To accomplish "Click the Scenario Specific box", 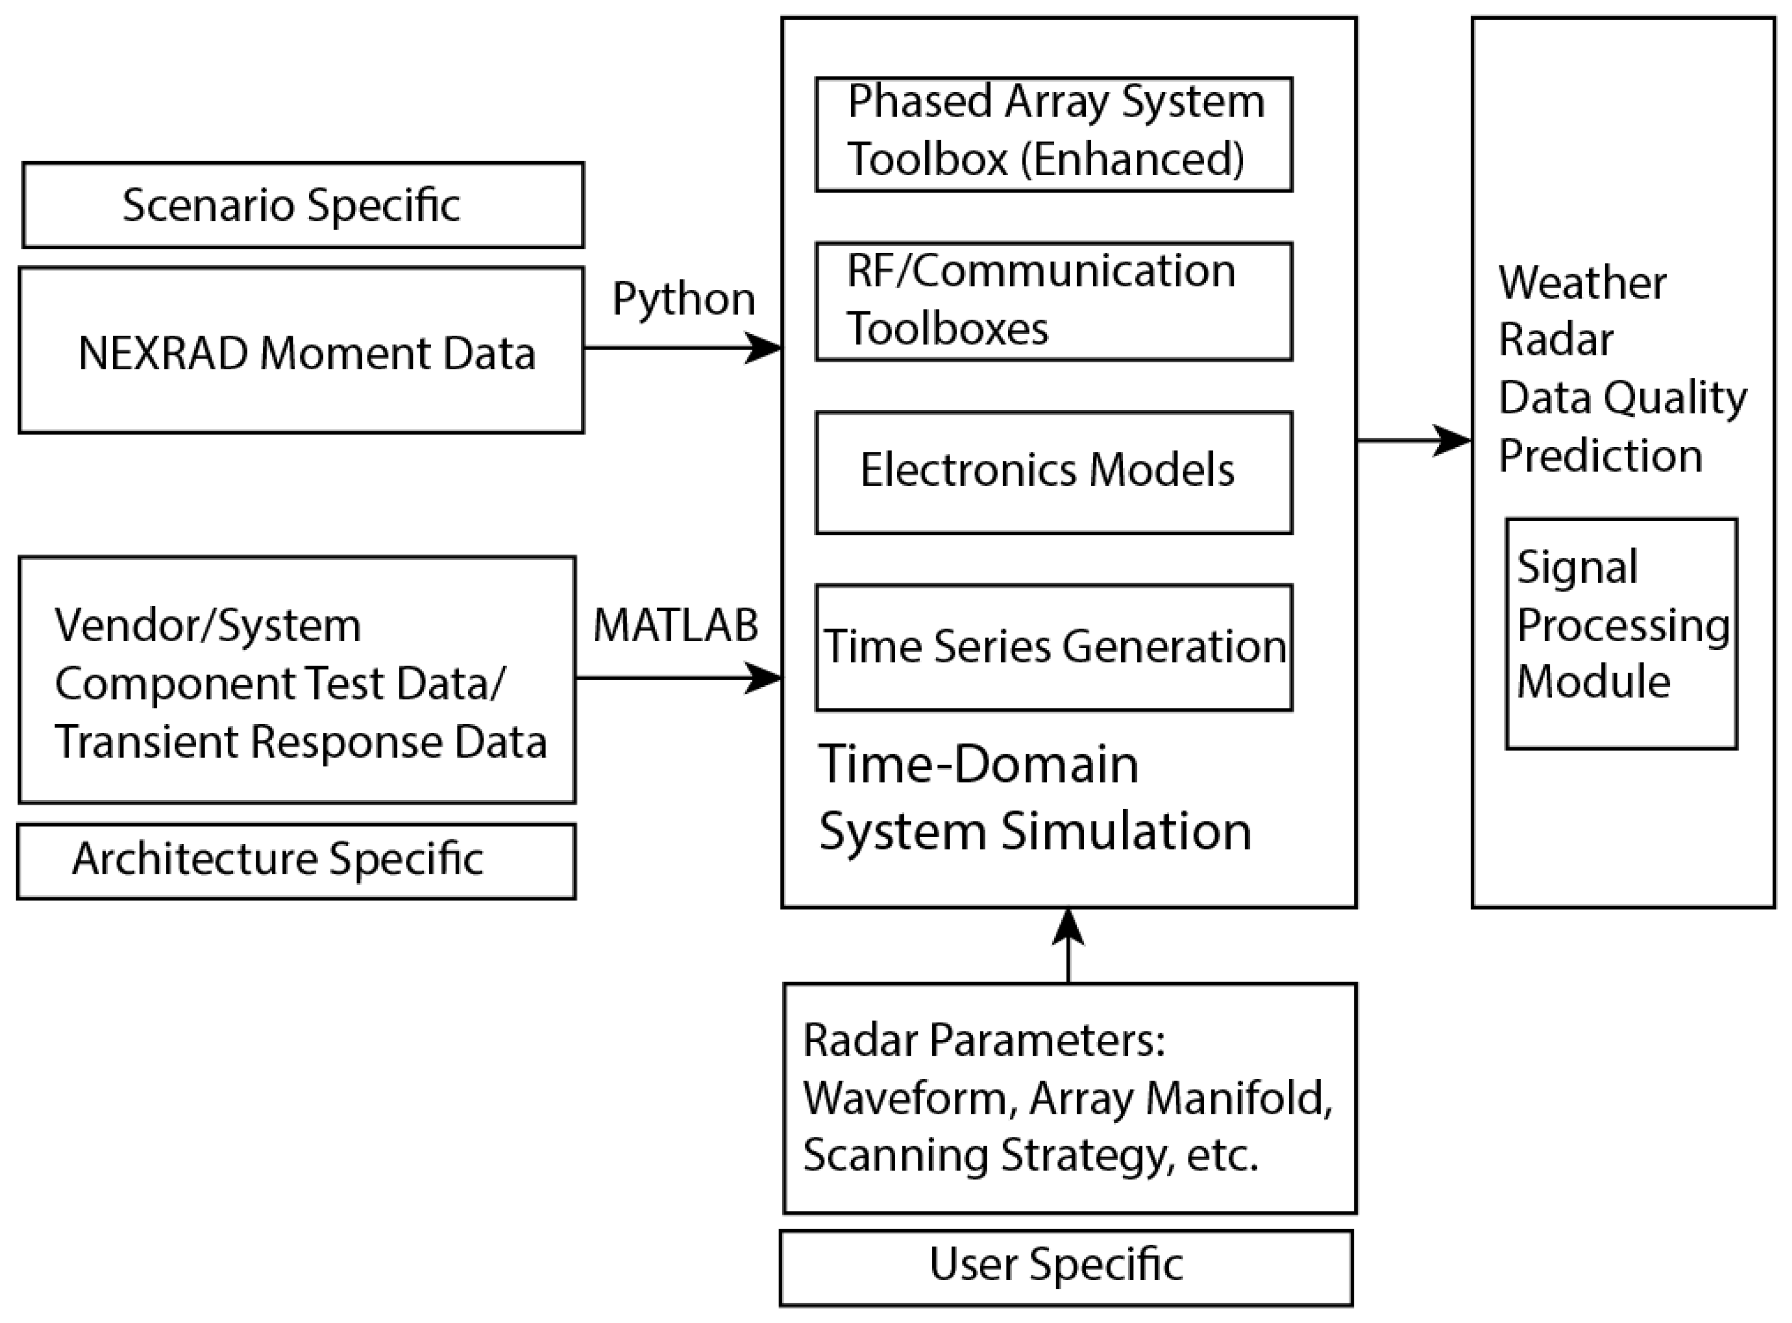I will click(303, 205).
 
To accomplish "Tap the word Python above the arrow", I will click(683, 300).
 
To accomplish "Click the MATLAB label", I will click(675, 626).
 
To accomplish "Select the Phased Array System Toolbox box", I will click(1054, 134).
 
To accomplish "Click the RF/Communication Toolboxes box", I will click(1054, 301).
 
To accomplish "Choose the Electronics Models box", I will click(1054, 472).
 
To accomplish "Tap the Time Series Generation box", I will click(1054, 647).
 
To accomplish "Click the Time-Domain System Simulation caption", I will click(1033, 797).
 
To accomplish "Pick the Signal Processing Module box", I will click(1622, 634).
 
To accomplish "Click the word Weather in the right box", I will click(1582, 283).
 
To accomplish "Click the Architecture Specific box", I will click(296, 861).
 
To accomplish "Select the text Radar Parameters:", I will click(983, 1040).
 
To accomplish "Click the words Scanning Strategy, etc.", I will click(1031, 1155).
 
